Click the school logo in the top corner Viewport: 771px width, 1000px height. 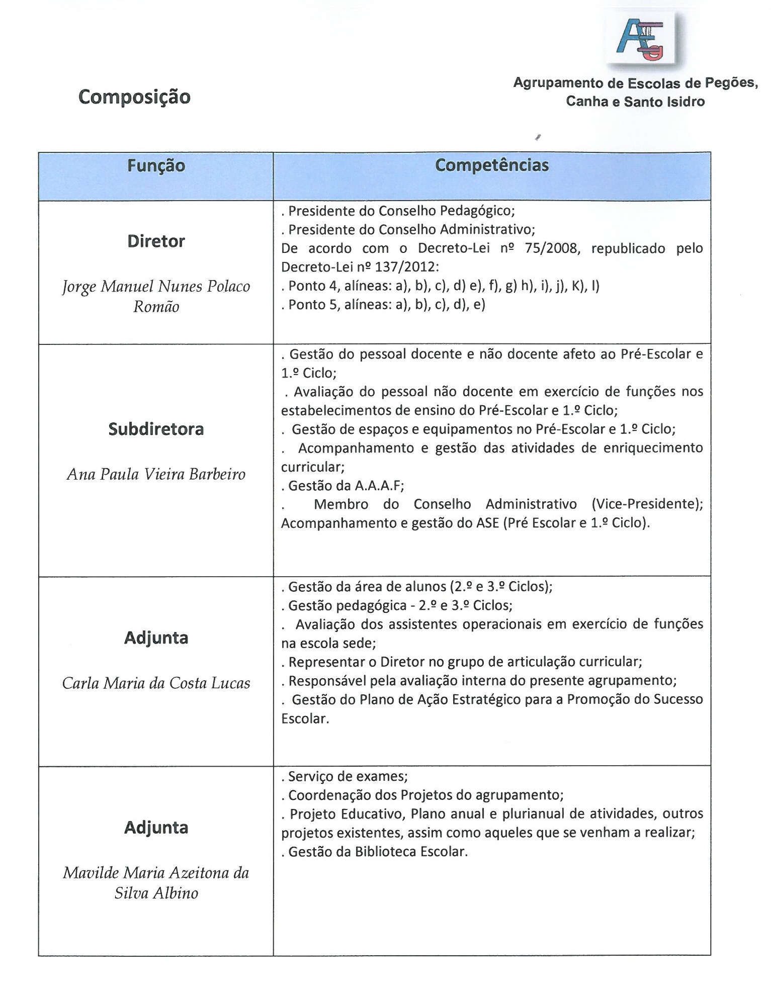click(641, 39)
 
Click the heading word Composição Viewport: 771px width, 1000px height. click(134, 97)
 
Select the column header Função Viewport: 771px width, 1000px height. click(156, 165)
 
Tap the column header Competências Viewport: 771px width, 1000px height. click(491, 165)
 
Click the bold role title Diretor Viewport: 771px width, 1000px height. click(156, 241)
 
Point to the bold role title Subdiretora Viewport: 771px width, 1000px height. click(156, 429)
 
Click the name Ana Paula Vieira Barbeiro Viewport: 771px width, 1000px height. click(156, 474)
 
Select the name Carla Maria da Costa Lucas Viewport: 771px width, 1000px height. click(156, 683)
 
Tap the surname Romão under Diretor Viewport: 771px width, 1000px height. click(156, 307)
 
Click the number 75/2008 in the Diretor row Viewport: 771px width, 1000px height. click(552, 248)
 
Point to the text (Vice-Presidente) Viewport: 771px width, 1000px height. click(647, 504)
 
